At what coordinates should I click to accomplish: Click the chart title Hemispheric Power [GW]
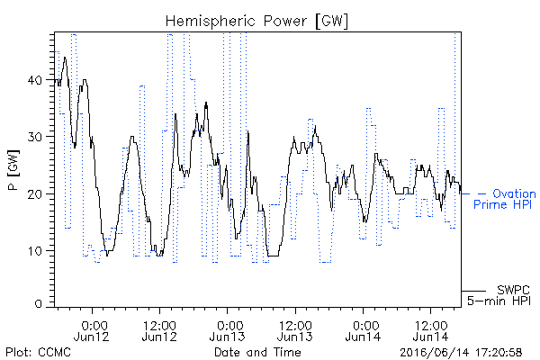(256, 22)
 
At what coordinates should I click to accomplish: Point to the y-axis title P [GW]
(13, 170)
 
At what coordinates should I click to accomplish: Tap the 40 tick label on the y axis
(34, 80)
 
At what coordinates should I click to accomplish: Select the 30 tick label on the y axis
(34, 137)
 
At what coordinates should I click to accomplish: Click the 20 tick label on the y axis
(34, 193)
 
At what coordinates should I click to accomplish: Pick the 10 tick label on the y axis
(35, 251)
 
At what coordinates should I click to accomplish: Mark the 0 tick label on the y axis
(38, 304)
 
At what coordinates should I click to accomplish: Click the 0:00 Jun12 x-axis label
(92, 331)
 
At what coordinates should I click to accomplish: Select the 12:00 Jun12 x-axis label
(159, 331)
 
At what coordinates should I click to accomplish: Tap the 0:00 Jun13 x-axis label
(228, 331)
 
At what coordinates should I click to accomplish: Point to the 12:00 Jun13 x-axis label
(295, 331)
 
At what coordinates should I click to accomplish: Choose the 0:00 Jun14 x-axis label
(363, 331)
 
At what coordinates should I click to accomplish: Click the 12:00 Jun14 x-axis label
(431, 331)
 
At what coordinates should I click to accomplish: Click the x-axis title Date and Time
(257, 353)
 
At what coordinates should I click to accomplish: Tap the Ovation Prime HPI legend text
(505, 199)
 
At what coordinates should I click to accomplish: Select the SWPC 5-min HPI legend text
(499, 295)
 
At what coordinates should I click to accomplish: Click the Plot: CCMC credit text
(38, 353)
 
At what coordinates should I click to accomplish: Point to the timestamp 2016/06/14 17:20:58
(461, 353)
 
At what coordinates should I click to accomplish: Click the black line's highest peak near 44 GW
(65, 58)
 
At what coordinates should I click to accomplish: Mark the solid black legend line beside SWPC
(473, 291)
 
